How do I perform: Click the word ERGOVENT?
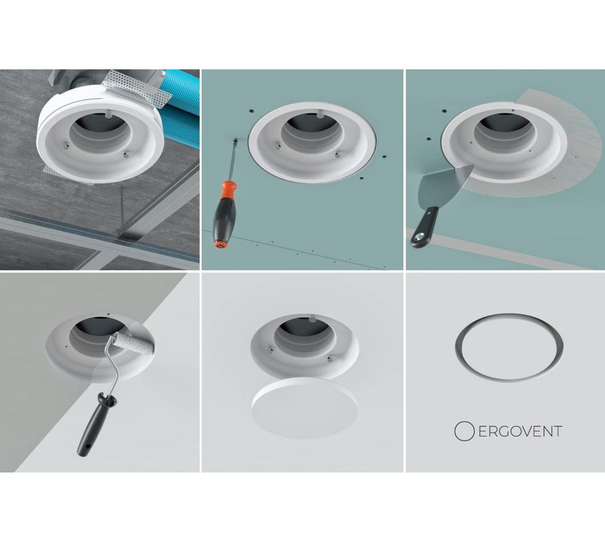pyautogui.click(x=520, y=431)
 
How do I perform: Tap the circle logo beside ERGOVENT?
pyautogui.click(x=464, y=431)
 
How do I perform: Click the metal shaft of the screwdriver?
pyautogui.click(x=234, y=160)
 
